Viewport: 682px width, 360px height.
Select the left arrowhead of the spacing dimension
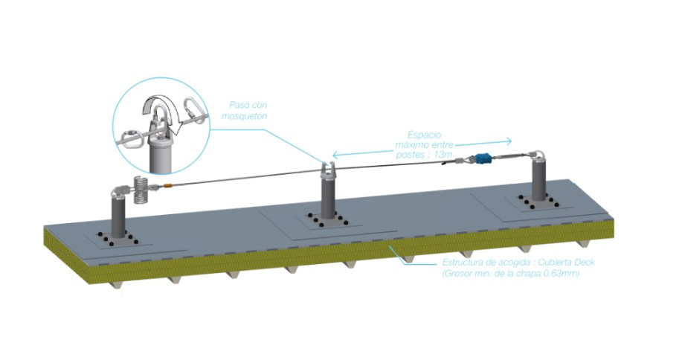pos(335,155)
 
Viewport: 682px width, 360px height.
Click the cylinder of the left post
pos(119,216)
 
